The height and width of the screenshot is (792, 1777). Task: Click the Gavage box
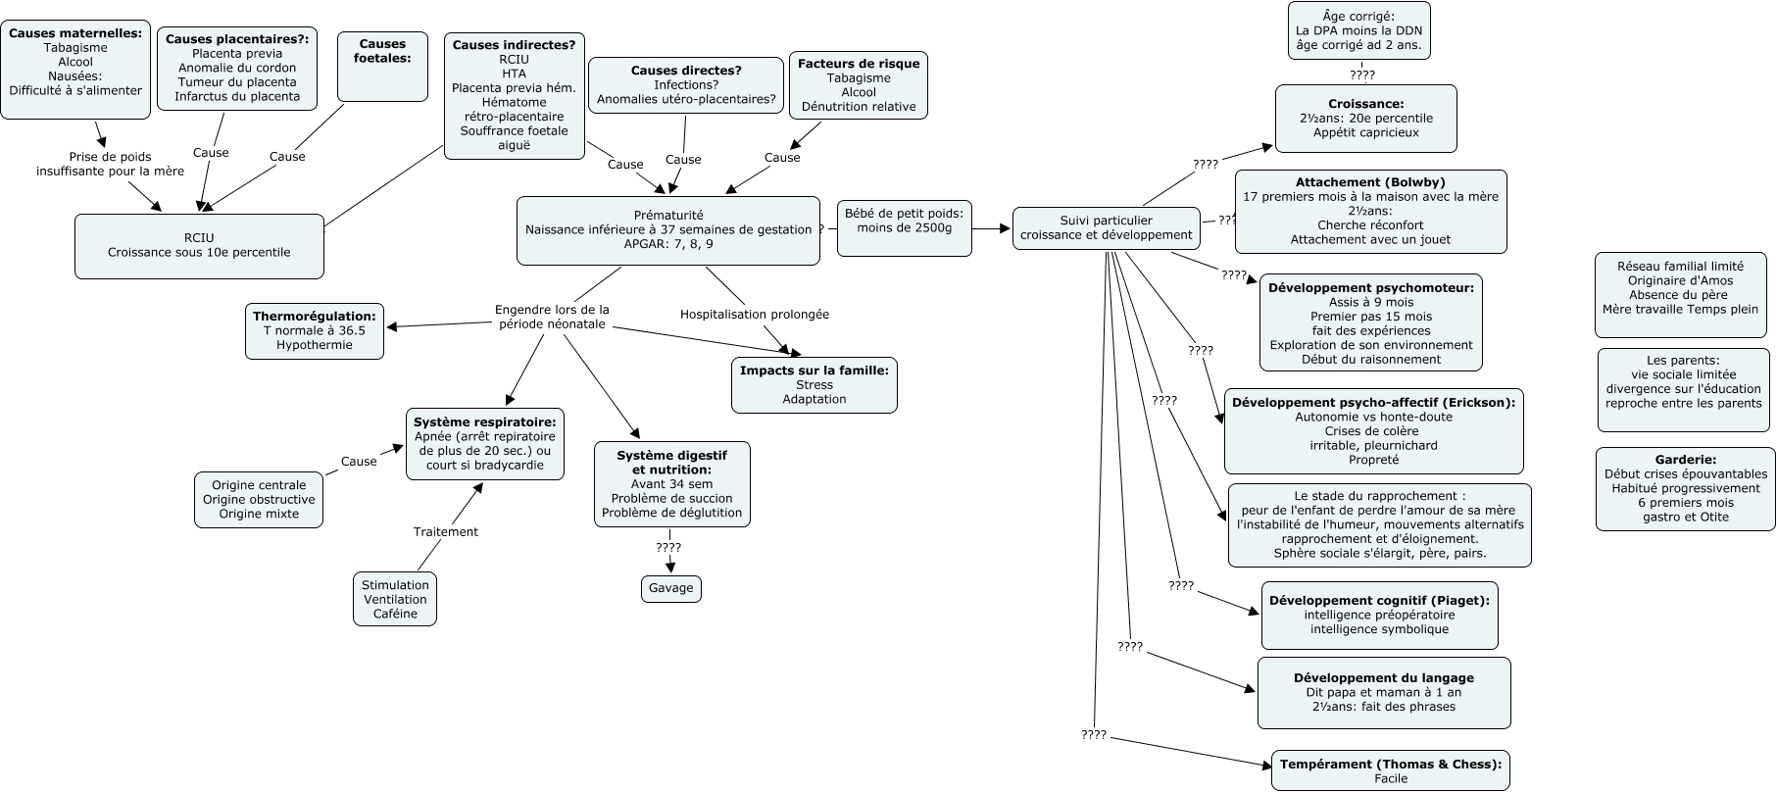pyautogui.click(x=670, y=588)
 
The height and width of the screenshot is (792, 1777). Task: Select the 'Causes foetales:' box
pyautogui.click(x=382, y=66)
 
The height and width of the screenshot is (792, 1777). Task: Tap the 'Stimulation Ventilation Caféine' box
pyautogui.click(x=395, y=599)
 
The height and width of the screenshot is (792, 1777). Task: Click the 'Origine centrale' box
pyautogui.click(x=259, y=499)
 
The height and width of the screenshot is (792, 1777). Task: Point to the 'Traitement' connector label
pyautogui.click(x=445, y=531)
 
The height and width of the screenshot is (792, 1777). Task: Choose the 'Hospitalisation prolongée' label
pyautogui.click(x=755, y=314)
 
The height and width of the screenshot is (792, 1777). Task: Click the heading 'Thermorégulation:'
pyautogui.click(x=315, y=317)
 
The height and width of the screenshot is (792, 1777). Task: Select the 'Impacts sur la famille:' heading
pyautogui.click(x=814, y=371)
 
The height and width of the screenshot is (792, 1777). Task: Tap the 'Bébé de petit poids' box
pyautogui.click(x=904, y=227)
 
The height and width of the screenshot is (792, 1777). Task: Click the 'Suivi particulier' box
pyautogui.click(x=1106, y=227)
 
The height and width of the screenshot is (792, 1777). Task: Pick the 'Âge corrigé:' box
pyautogui.click(x=1357, y=30)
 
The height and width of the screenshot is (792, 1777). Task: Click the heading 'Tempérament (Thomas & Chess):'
pyautogui.click(x=1390, y=765)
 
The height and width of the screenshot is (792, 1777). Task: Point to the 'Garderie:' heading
pyautogui.click(x=1685, y=459)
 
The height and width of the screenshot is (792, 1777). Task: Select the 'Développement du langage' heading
pyautogui.click(x=1383, y=677)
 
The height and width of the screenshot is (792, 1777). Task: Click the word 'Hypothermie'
pyautogui.click(x=315, y=345)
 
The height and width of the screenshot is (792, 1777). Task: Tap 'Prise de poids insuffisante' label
pyautogui.click(x=110, y=164)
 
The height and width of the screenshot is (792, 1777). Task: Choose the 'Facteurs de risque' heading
pyautogui.click(x=859, y=64)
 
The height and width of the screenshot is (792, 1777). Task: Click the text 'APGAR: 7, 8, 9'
pyautogui.click(x=668, y=244)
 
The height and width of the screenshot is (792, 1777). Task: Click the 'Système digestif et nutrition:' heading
pyautogui.click(x=672, y=463)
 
